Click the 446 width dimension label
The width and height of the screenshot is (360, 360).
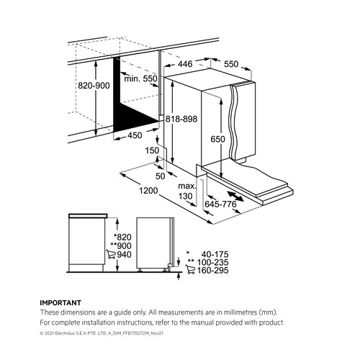[185, 63]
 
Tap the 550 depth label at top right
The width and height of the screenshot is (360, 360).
[231, 64]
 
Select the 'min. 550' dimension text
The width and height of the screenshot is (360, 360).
[140, 78]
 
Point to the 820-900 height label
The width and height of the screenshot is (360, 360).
[94, 86]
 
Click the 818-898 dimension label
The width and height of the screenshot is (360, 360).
[181, 119]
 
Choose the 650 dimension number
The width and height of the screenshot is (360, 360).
[217, 139]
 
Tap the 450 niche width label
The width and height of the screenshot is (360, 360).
[135, 135]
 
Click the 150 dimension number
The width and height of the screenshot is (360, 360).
[152, 150]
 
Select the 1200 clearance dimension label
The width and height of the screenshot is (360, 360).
[148, 191]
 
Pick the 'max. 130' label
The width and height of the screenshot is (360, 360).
[187, 191]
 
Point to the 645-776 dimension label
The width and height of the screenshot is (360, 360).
[220, 204]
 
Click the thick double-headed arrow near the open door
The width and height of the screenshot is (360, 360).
[235, 196]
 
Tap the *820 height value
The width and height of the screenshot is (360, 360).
[122, 237]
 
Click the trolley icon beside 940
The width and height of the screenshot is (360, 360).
[111, 254]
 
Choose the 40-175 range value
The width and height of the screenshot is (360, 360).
[215, 254]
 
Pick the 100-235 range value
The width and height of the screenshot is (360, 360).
[212, 262]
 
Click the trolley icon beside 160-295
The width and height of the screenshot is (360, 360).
[190, 269]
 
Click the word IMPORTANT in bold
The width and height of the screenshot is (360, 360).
[60, 302]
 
